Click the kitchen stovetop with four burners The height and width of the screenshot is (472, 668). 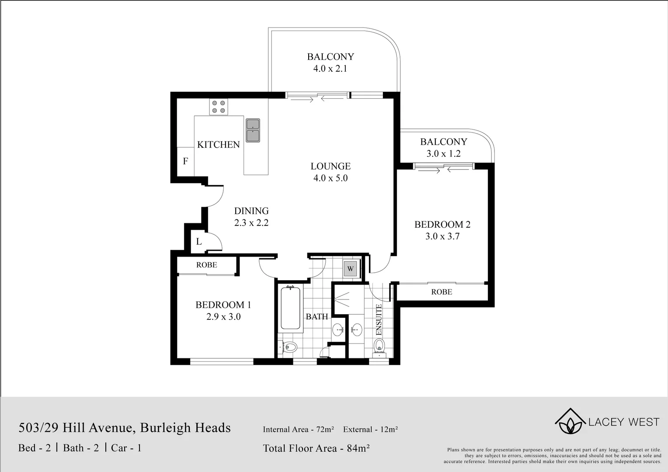tap(219, 107)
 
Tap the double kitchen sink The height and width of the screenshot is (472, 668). tap(252, 130)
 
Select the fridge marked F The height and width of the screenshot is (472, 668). tap(185, 161)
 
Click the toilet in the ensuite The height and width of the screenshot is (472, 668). tap(379, 345)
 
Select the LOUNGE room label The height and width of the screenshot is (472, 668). tap(331, 166)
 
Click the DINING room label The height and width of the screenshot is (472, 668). tap(251, 211)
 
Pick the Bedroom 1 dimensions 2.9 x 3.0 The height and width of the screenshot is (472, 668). tap(223, 317)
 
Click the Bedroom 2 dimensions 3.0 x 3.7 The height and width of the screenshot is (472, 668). tap(442, 236)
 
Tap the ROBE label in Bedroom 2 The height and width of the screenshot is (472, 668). tap(442, 292)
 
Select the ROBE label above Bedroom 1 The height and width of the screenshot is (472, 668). tap(206, 265)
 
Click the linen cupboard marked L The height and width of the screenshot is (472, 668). tap(198, 242)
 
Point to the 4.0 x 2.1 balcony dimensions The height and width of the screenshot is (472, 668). tap(330, 69)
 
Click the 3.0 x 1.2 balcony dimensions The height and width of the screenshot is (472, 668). tap(443, 154)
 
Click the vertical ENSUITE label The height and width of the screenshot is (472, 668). tap(379, 320)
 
